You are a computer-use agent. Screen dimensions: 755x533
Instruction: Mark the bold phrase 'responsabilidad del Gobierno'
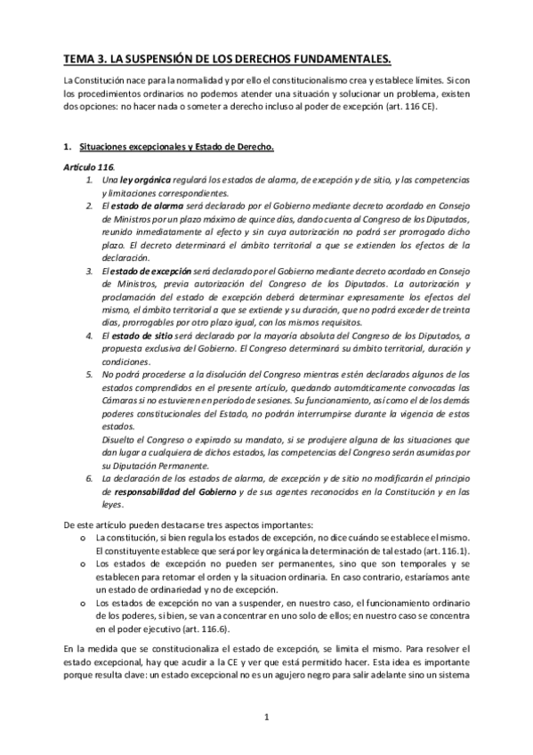[169, 491]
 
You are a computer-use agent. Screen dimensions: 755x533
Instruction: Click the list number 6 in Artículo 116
[88, 477]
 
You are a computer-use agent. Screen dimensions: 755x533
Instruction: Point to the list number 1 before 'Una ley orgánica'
[88, 180]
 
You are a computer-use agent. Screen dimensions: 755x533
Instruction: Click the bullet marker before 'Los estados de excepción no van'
[82, 603]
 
